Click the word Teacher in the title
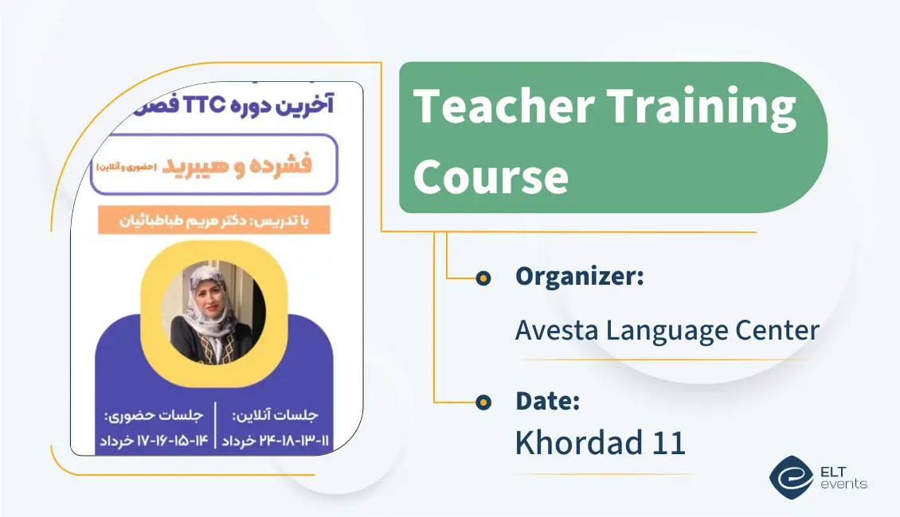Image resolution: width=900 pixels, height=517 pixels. [x=504, y=106]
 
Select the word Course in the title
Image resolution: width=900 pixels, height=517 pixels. [x=491, y=176]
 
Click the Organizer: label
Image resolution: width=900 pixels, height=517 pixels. [x=580, y=276]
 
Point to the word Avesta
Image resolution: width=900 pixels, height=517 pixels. [x=557, y=330]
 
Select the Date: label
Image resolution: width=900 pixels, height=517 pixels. [x=548, y=401]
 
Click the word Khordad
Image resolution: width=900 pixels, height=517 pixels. [x=578, y=442]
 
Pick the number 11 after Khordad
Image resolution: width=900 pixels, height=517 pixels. [x=669, y=443]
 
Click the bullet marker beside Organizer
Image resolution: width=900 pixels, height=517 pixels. [x=483, y=278]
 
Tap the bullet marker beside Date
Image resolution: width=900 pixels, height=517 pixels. [x=483, y=402]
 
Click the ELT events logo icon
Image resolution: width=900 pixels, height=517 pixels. [x=792, y=477]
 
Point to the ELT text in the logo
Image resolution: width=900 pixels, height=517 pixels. [x=833, y=472]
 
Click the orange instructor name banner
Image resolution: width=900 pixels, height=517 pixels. [x=214, y=220]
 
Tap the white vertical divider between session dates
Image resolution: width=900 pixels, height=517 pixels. [x=215, y=425]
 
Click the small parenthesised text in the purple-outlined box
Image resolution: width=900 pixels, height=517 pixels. [x=127, y=167]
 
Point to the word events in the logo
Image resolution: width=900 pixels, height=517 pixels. [x=843, y=484]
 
